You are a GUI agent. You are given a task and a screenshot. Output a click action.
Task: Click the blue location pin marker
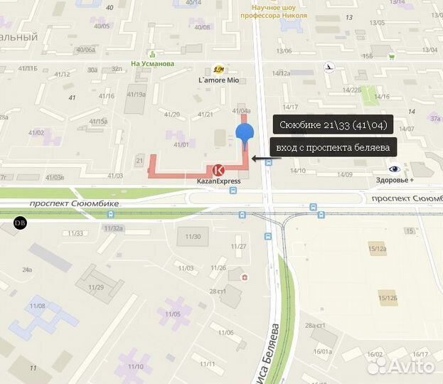tap(245, 133)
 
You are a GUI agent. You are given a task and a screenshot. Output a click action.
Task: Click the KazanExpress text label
tap(218, 181)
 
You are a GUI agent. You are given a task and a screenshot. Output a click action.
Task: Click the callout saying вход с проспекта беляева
tap(333, 147)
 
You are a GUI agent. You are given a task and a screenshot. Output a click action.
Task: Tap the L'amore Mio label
tap(222, 80)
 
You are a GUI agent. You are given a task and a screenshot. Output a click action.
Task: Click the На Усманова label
tap(153, 63)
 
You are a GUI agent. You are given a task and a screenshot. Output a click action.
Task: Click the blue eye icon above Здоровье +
tap(394, 169)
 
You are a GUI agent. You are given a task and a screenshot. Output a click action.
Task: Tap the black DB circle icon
tap(19, 223)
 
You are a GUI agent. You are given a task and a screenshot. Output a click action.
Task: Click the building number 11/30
tap(193, 237)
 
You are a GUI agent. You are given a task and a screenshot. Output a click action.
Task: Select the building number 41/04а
tap(242, 111)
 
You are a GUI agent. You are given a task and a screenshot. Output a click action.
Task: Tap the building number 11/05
tap(173, 313)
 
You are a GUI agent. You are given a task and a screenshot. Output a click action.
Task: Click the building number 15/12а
tap(378, 249)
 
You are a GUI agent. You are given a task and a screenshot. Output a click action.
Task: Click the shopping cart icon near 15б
tap(391, 56)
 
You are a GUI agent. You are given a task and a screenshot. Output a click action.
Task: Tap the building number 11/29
tap(96, 287)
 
